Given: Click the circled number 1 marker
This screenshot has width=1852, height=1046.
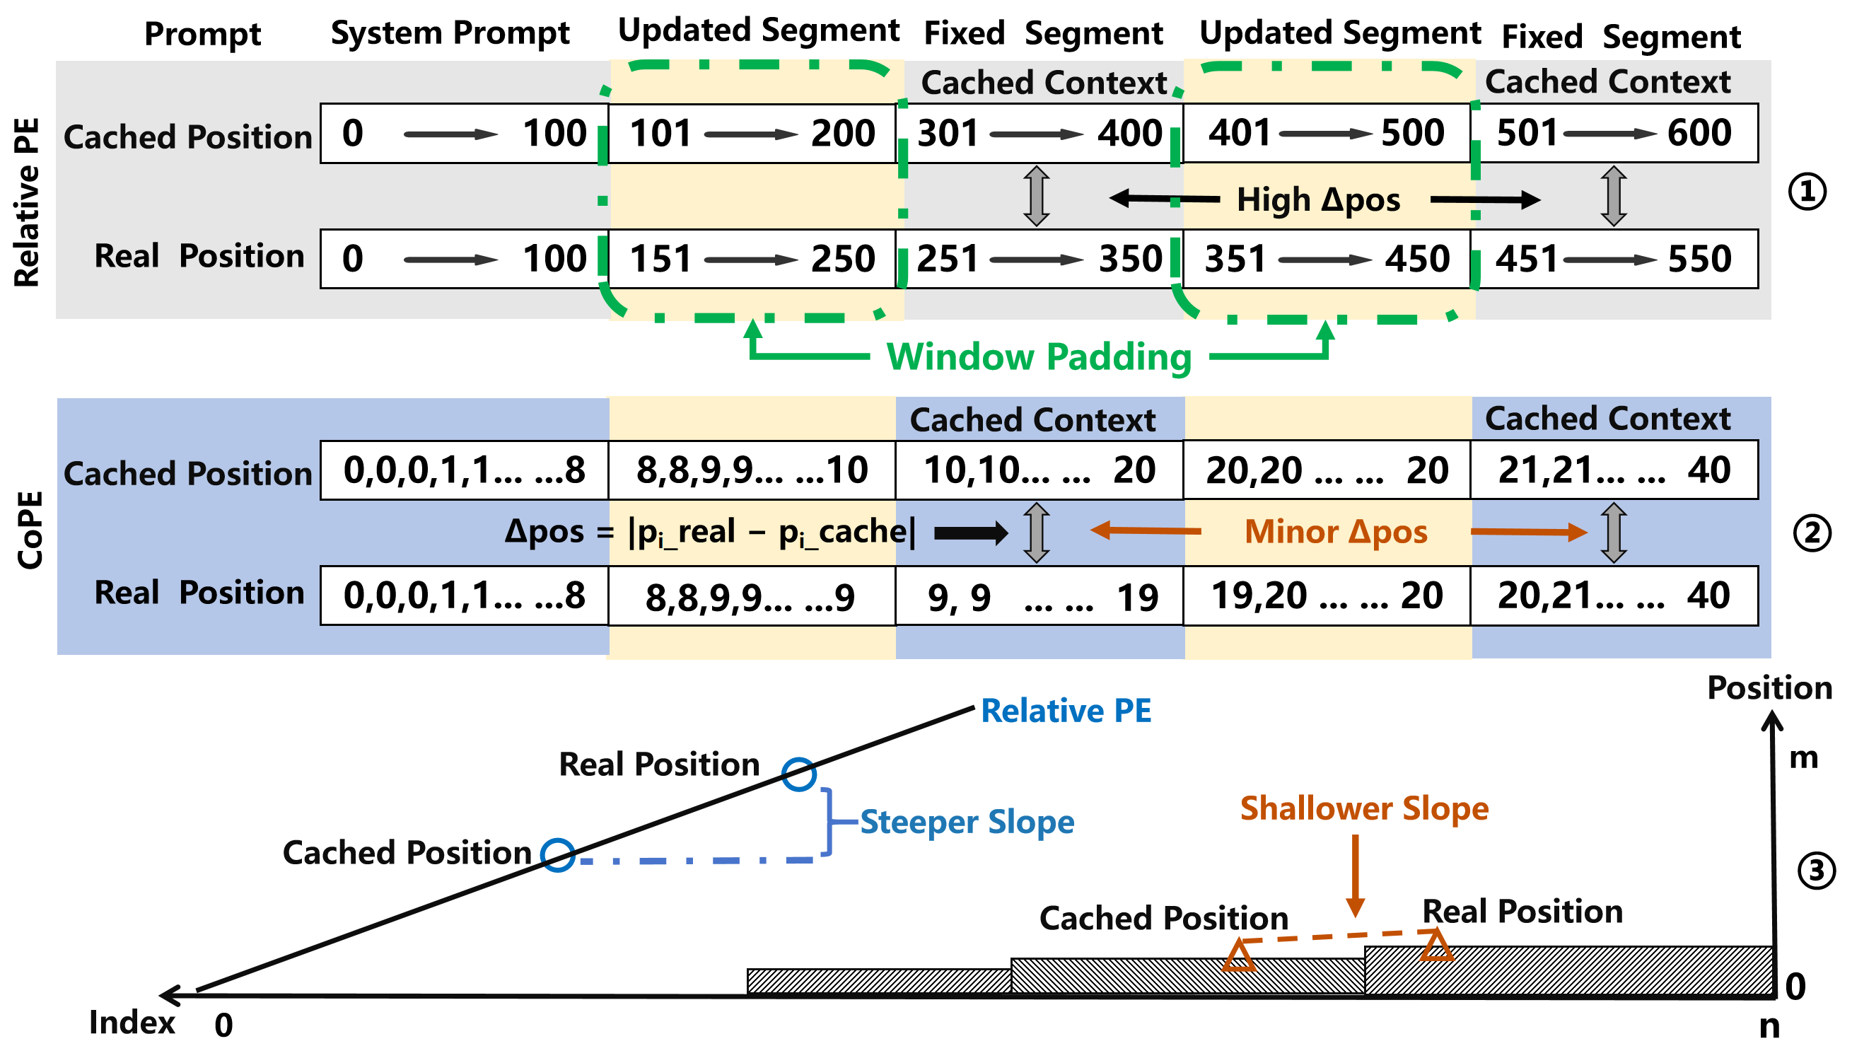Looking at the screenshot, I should tap(1807, 192).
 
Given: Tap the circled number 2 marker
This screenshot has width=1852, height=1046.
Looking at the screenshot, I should tap(1812, 534).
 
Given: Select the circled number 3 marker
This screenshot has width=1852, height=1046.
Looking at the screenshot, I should tap(1816, 871).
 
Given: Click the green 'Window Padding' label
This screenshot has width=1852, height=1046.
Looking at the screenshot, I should tap(1039, 356).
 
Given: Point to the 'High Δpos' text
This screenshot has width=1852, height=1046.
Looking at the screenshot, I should tap(1318, 200).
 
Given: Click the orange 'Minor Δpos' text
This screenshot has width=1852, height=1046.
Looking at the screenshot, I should tap(1335, 532).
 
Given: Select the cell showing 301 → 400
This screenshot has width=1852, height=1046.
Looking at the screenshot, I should tap(1039, 133).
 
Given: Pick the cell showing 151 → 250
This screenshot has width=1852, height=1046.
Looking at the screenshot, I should tap(751, 259).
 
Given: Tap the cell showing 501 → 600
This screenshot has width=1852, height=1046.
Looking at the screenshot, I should tap(1614, 133).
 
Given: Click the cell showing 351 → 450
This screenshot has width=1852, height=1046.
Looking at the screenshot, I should tap(1327, 259).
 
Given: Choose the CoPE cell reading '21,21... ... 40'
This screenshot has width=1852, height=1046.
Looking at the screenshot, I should tap(1614, 470).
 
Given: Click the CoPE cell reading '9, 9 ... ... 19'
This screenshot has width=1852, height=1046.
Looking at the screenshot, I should tap(1039, 597).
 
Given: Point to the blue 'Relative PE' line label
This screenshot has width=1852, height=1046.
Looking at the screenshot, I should tap(1066, 711).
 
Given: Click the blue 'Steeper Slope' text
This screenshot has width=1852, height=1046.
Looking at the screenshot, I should tap(966, 822).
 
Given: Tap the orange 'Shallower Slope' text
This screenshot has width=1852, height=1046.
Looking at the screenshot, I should tap(1364, 808).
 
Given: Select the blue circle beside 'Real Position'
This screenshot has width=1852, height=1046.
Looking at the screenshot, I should tap(799, 774).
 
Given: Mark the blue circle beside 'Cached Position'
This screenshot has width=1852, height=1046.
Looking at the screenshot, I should tap(557, 856).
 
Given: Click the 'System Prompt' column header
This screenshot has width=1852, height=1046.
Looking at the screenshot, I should tap(449, 33).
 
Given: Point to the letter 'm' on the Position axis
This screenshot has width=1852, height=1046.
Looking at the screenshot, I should tap(1803, 758).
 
